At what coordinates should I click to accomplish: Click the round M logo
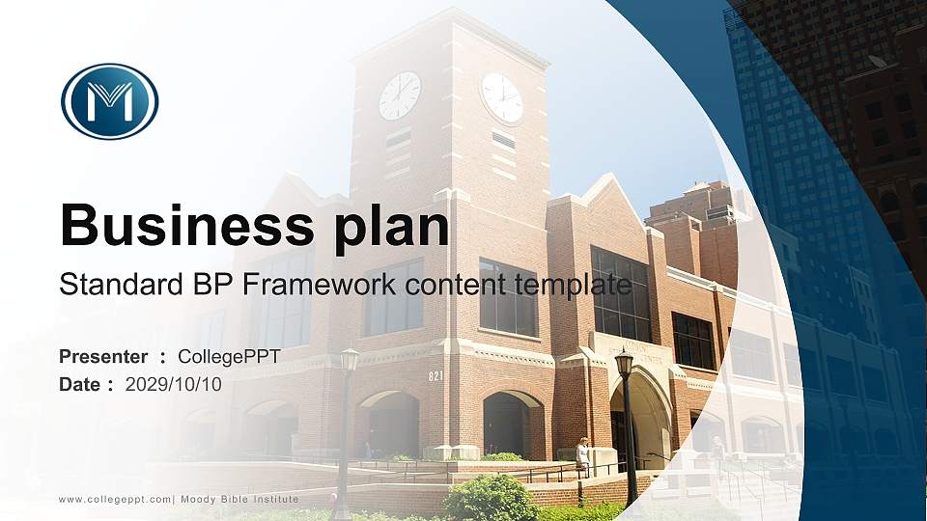109,101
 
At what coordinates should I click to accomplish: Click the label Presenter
103,357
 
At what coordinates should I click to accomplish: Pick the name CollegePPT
229,357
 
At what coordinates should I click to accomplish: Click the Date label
80,384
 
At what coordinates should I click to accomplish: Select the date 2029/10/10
174,384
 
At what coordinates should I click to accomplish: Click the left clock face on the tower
400,96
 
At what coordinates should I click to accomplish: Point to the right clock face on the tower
502,97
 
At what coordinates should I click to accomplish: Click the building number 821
436,375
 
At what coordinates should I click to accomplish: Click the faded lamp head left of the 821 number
349,360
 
